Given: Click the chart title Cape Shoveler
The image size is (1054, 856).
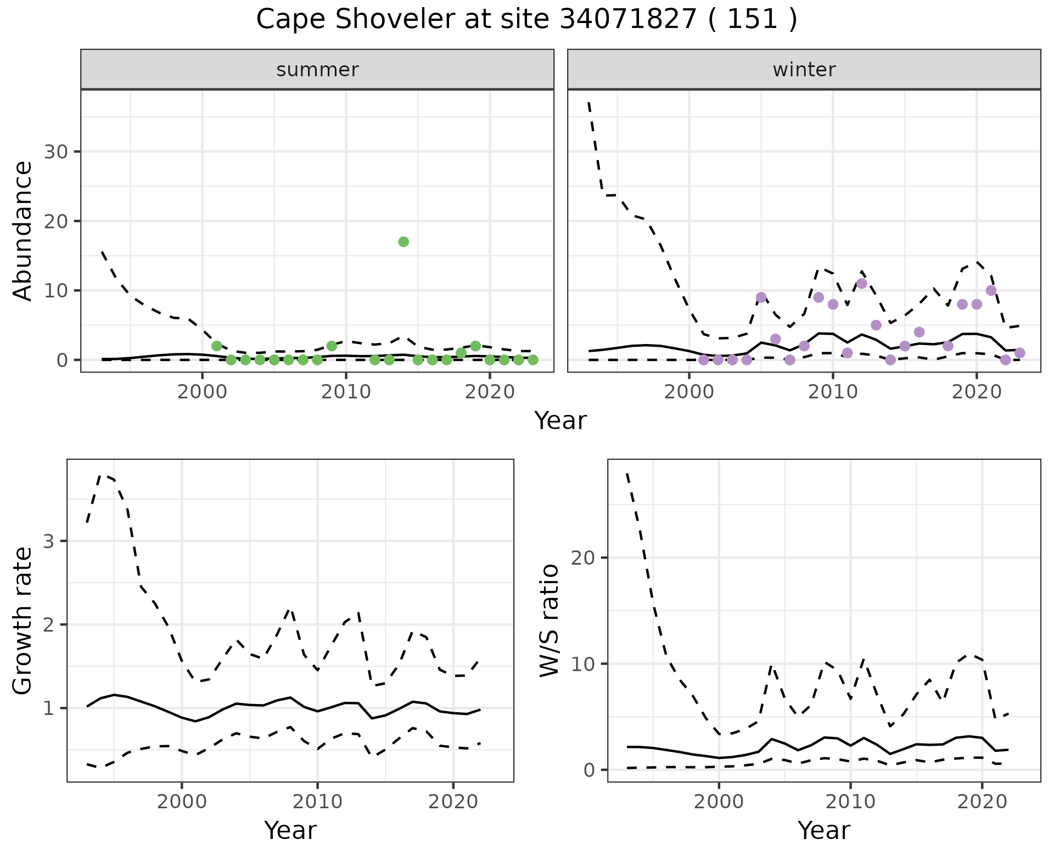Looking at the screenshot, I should pyautogui.click(x=526, y=20).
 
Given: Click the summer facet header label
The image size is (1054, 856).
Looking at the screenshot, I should pyautogui.click(x=317, y=70).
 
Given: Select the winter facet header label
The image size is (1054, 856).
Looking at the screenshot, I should pyautogui.click(x=804, y=70).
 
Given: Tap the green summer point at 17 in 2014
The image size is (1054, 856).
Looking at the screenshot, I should pyautogui.click(x=403, y=242).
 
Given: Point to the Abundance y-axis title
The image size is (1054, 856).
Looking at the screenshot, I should pyautogui.click(x=23, y=230).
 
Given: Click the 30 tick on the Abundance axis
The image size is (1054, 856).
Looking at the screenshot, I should pyautogui.click(x=55, y=152).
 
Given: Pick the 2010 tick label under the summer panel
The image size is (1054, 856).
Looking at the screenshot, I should pyautogui.click(x=346, y=392).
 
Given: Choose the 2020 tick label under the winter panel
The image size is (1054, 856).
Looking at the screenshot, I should pyautogui.click(x=976, y=392).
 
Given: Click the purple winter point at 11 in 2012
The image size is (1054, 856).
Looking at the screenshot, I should pyautogui.click(x=861, y=284).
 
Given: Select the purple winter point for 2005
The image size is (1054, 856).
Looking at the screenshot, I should pyautogui.click(x=761, y=297).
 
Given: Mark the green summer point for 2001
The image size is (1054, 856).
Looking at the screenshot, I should pyautogui.click(x=217, y=346).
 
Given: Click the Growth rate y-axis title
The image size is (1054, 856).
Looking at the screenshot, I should pyautogui.click(x=23, y=621).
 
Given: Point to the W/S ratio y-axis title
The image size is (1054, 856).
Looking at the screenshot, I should pyautogui.click(x=549, y=621).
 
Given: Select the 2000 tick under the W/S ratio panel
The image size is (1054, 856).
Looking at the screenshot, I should pyautogui.click(x=719, y=802).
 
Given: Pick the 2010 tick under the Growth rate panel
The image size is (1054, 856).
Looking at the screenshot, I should pyautogui.click(x=317, y=802).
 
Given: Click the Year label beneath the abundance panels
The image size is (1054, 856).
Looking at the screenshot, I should pyautogui.click(x=560, y=421).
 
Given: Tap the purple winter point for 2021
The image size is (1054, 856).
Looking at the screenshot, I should pyautogui.click(x=991, y=290).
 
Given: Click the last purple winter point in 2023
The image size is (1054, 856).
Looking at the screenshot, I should pyautogui.click(x=1019, y=353).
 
